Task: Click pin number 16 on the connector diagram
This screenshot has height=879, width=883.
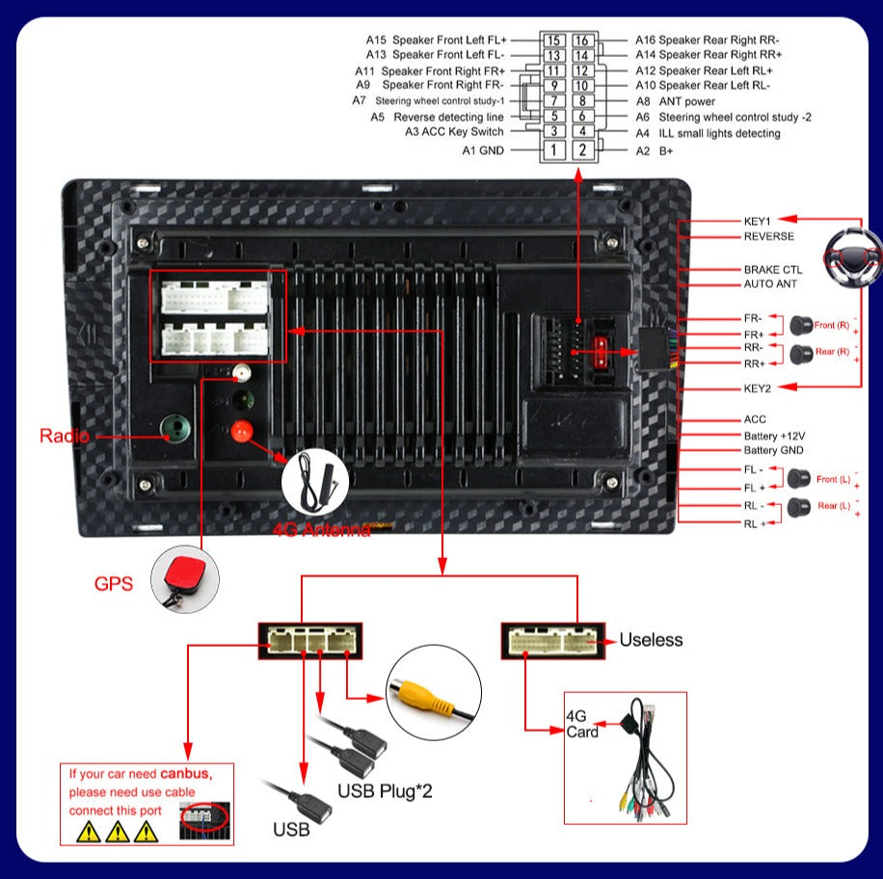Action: point(582,40)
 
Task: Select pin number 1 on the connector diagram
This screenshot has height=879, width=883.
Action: point(553,150)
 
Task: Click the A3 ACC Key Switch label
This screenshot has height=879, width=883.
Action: point(454,132)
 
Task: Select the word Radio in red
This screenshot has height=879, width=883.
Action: point(65,436)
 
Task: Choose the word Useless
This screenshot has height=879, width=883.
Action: point(651,639)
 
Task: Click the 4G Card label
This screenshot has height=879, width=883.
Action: point(581,724)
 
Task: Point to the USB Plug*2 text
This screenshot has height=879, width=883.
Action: point(385,791)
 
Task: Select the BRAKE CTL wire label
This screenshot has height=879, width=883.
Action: point(772,270)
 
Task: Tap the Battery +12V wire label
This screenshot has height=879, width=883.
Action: point(773,436)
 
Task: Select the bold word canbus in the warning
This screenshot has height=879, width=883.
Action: point(184,773)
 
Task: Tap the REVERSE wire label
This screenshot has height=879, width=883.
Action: point(768,236)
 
